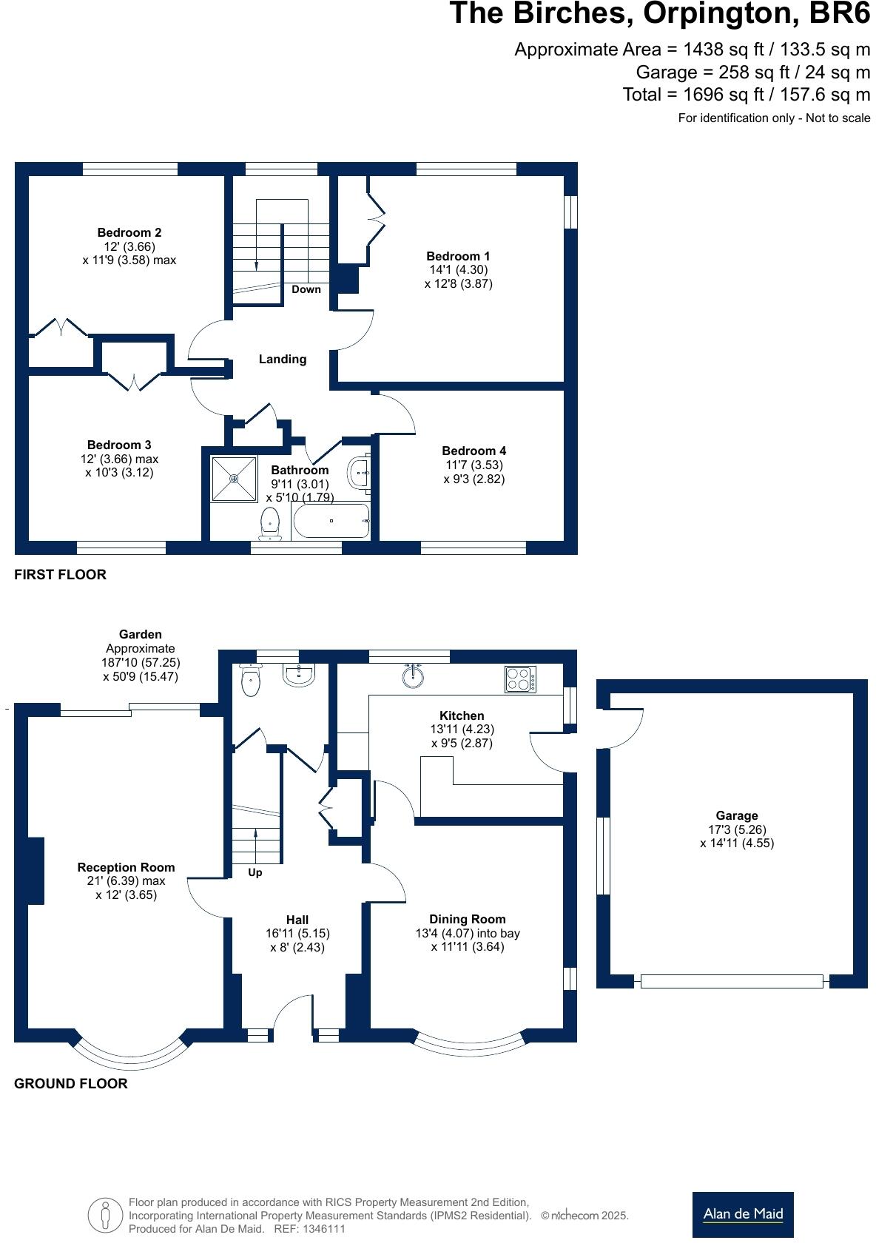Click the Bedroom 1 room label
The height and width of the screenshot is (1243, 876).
coord(457,256)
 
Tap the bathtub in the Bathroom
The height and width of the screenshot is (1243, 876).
coord(331,521)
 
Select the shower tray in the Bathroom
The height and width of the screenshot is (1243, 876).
coord(234,479)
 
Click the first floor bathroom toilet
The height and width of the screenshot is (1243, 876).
coord(270,522)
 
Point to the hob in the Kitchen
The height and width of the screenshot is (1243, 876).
coord(521,679)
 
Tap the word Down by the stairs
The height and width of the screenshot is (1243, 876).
coord(306,289)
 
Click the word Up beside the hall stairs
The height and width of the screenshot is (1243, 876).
coord(255,872)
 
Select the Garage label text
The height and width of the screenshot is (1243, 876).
coord(736,815)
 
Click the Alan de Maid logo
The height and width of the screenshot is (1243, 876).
coord(742,1213)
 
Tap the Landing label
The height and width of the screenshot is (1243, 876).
coord(282,359)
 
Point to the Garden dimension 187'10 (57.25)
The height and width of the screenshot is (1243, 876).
coord(141,662)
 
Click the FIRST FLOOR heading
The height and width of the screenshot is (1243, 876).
coord(60,574)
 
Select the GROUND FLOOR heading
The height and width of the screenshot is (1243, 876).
coord(71,1083)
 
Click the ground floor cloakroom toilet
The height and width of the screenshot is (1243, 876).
coord(252,682)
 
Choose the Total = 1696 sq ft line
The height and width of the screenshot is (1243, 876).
coord(746,95)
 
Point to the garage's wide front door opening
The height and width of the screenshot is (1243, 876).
coord(731,981)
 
